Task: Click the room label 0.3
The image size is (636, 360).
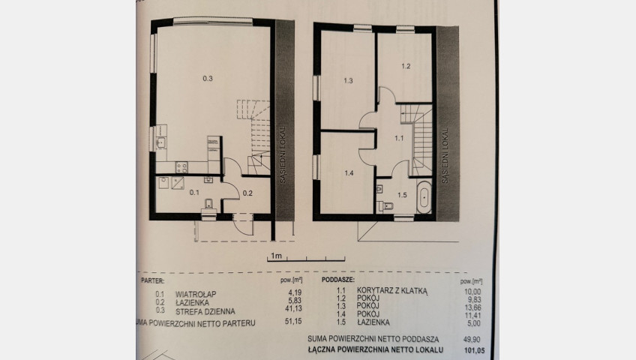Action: (x=208, y=79)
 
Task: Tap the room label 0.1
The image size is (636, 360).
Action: (x=194, y=193)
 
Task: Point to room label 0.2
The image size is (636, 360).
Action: (x=247, y=193)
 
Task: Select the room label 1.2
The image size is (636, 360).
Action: (x=406, y=67)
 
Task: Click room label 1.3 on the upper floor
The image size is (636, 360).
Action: (x=348, y=81)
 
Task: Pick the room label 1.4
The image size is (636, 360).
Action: (x=349, y=173)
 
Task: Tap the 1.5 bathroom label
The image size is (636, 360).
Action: (x=402, y=195)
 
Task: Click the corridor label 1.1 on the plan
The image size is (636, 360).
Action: (x=399, y=138)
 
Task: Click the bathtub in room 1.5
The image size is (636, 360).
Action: (x=424, y=197)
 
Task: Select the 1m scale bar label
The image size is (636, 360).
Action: (x=276, y=256)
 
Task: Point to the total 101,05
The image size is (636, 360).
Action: (x=474, y=350)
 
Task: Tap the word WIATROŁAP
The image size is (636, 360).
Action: (x=196, y=294)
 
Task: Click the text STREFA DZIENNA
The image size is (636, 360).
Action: (x=205, y=312)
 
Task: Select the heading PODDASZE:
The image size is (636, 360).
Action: (x=337, y=280)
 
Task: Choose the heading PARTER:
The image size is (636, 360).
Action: (x=152, y=280)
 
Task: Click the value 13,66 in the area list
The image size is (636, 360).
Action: (x=472, y=307)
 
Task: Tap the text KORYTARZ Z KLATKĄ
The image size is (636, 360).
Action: (x=392, y=291)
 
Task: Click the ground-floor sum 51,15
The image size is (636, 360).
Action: (x=293, y=321)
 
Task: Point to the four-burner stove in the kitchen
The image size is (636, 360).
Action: (x=181, y=167)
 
